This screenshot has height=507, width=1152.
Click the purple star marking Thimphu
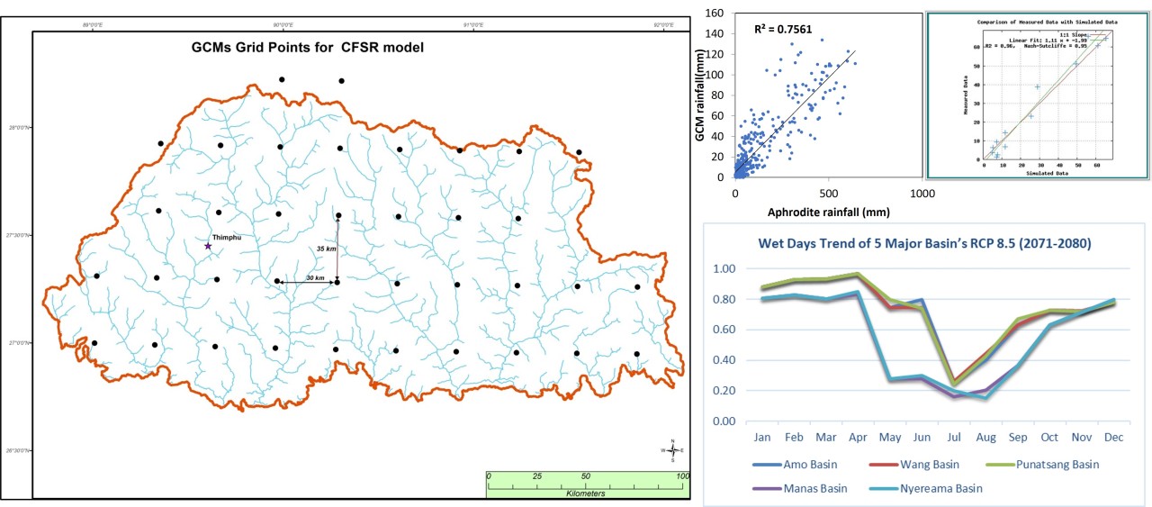point(208,246)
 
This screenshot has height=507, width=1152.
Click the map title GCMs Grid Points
point(307,47)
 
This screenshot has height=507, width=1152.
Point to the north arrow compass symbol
point(672,449)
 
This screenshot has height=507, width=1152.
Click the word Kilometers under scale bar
point(585,493)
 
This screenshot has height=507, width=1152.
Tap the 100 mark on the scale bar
point(681,475)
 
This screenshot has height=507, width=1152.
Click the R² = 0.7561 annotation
point(783,30)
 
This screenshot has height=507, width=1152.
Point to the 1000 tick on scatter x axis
point(922,195)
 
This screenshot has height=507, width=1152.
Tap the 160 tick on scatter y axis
point(716,14)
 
